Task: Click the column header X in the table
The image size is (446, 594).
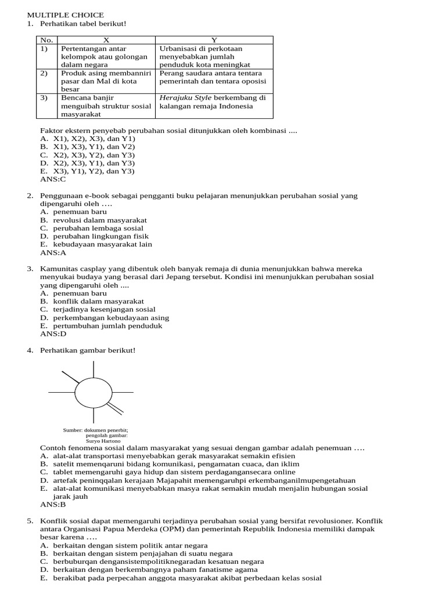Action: (106, 40)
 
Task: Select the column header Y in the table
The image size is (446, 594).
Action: (214, 40)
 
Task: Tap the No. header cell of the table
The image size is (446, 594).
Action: (46, 40)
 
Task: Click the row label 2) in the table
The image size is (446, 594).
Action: (44, 74)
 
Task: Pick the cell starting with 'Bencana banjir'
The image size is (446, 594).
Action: (106, 106)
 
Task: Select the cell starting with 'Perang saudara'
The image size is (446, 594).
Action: (214, 78)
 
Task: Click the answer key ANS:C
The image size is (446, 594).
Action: (53, 179)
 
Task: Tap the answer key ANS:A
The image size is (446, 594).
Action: (53, 252)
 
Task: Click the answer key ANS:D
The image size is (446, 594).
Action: (53, 334)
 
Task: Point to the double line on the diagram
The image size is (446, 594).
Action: (115, 408)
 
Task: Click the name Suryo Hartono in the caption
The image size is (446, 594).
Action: (103, 441)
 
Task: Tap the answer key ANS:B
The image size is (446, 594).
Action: (53, 505)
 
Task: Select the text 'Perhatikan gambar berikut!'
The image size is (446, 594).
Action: (87, 350)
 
